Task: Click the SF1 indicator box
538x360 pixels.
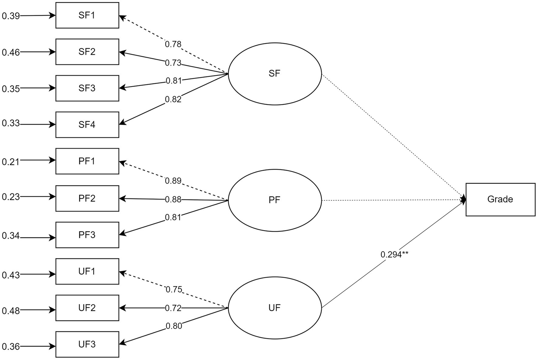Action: [87, 15]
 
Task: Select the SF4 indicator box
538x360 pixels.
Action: [87, 125]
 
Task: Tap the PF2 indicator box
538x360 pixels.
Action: [87, 198]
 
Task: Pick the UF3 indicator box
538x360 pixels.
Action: [87, 344]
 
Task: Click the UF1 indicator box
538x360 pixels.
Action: [87, 271]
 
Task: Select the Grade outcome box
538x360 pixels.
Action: [500, 199]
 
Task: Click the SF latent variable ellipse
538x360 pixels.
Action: [275, 74]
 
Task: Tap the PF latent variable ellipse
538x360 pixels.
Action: [275, 200]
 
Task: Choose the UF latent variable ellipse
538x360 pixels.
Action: [275, 308]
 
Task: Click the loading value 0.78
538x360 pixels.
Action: [173, 44]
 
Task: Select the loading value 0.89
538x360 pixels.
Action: [173, 181]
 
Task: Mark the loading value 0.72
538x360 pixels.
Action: [173, 308]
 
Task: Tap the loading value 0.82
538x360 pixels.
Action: [173, 99]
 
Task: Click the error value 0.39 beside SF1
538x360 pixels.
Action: [11, 16]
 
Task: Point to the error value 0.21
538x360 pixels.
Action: [11, 162]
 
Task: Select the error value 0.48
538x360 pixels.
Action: [11, 311]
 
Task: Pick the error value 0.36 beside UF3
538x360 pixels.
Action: [11, 347]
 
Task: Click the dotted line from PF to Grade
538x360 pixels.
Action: [393, 200]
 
